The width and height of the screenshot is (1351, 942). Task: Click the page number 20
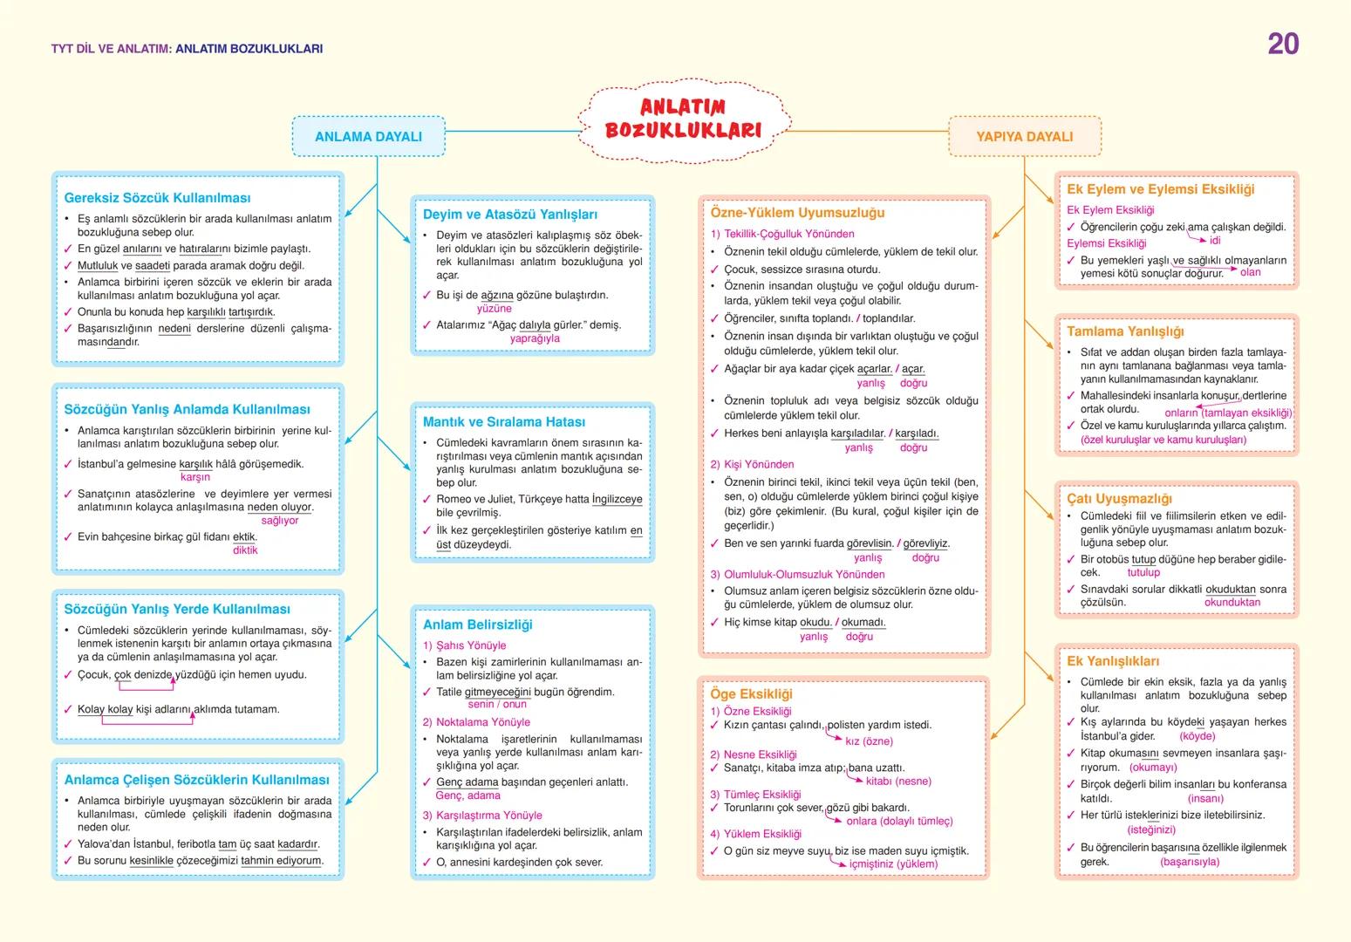1282,44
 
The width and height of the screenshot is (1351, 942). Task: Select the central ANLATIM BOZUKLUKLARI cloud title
683,119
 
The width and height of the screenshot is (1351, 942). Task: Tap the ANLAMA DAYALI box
368,137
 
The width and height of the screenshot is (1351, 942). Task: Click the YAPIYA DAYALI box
1024,137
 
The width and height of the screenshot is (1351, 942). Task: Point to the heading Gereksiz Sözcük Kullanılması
157,198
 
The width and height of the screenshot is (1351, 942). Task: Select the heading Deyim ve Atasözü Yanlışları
510,215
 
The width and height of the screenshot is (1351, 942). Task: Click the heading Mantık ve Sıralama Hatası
504,422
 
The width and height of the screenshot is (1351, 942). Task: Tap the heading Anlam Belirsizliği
477,625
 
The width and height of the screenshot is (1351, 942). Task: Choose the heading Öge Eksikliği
751,694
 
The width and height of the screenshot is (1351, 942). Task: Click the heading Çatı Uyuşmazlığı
1119,499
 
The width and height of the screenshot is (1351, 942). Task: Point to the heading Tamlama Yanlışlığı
1125,332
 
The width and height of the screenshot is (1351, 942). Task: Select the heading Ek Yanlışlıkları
1113,661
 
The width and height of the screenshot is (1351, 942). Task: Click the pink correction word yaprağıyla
535,339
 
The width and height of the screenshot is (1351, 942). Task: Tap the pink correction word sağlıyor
280,521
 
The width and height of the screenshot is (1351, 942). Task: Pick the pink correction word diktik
245,550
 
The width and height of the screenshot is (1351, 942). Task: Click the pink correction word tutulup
1143,573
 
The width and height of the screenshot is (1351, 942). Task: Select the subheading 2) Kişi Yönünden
752,465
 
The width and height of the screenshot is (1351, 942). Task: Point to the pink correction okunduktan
1232,603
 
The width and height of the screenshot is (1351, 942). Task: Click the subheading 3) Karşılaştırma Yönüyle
482,816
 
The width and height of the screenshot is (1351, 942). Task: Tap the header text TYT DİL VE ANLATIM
110,49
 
